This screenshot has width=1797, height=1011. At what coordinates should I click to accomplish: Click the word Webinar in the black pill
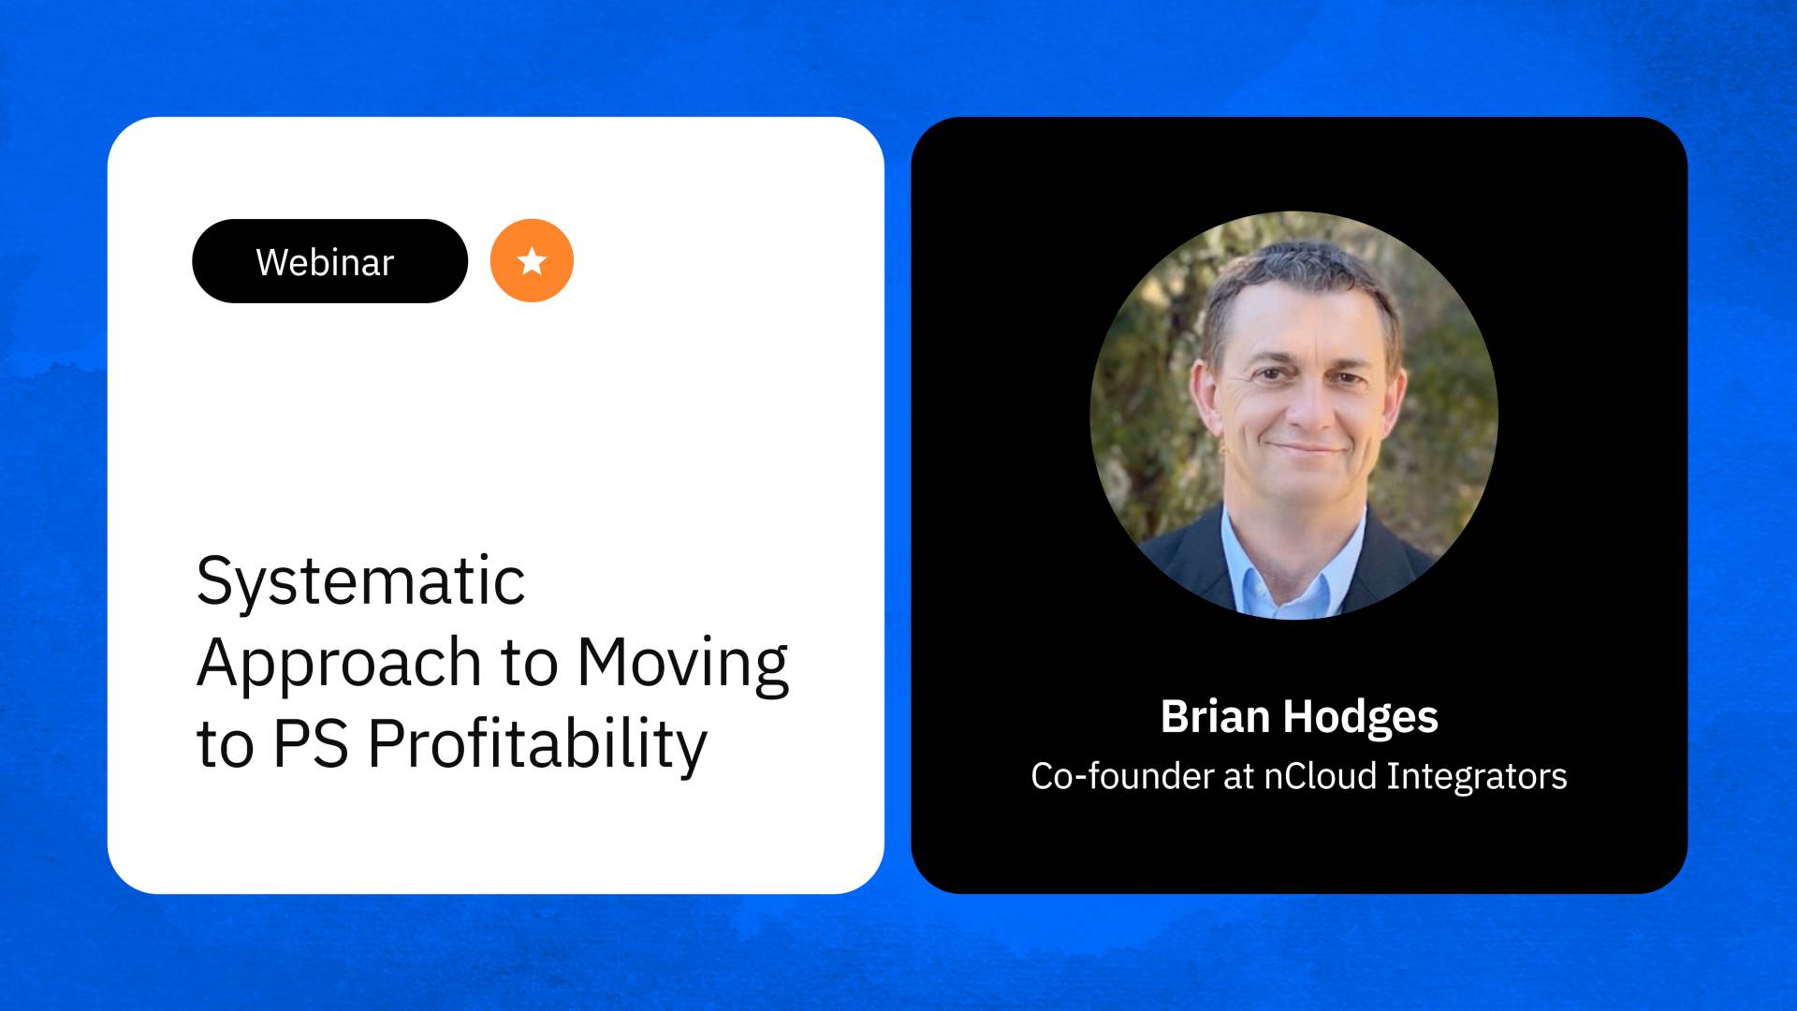coord(325,262)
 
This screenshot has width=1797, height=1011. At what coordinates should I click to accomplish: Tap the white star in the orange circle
coord(532,261)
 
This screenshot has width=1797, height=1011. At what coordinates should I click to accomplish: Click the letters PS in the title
coord(310,745)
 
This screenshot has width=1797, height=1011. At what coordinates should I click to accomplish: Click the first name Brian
coord(1214,717)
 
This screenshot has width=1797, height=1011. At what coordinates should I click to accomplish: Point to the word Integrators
coord(1476,777)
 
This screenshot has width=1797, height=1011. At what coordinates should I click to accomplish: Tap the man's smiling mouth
coord(1306,450)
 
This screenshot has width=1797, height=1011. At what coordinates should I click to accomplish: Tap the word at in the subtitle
coord(1238,777)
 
